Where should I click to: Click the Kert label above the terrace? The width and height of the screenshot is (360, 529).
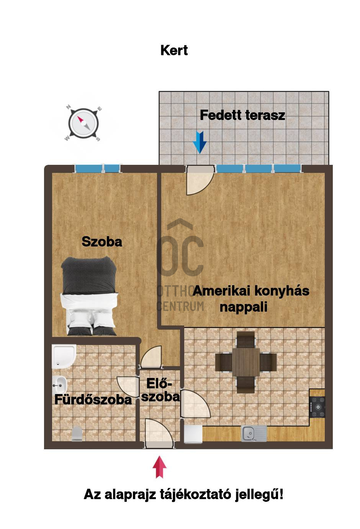[174, 50]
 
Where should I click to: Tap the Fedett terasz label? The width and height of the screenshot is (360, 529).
[242, 115]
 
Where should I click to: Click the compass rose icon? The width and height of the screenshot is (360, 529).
[83, 123]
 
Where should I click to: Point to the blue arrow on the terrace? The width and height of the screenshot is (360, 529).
[200, 142]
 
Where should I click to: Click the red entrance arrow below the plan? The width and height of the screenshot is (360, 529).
[159, 467]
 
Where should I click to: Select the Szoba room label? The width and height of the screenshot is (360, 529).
[101, 242]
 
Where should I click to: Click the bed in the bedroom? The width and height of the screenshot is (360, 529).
[89, 296]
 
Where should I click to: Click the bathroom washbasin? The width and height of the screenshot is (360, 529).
[59, 385]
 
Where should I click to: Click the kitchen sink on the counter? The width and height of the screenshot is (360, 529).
[254, 433]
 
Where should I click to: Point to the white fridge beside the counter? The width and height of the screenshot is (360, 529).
[193, 434]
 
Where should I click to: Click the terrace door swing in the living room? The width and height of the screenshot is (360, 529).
[200, 180]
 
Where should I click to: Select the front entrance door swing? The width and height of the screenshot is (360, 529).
[159, 434]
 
